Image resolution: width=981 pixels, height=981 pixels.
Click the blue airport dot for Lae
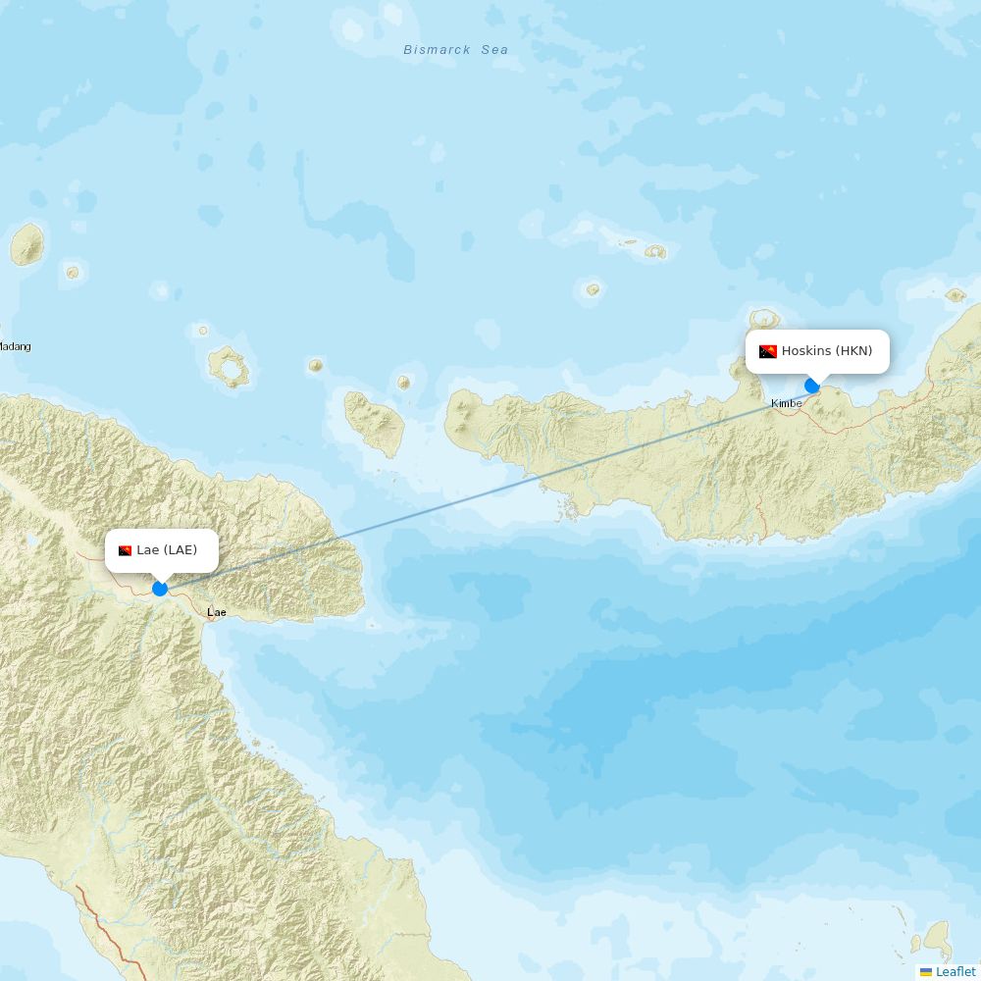click(160, 589)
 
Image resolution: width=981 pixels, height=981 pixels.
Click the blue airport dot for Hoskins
click(812, 386)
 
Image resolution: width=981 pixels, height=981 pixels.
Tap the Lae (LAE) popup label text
click(167, 550)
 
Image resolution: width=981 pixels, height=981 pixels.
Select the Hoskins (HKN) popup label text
click(826, 351)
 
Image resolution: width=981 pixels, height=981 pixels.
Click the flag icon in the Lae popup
click(126, 550)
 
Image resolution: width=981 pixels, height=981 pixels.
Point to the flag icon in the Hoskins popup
click(767, 351)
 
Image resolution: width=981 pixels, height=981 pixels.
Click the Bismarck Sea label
click(456, 50)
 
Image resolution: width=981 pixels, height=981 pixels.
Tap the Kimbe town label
click(786, 403)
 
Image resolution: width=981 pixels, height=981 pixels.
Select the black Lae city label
click(216, 612)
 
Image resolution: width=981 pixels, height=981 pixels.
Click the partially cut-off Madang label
click(15, 346)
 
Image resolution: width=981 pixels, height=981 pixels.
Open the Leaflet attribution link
click(955, 971)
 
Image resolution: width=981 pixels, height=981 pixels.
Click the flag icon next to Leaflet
click(926, 971)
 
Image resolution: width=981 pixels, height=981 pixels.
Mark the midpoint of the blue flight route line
click(487, 488)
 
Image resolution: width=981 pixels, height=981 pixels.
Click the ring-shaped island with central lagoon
click(230, 367)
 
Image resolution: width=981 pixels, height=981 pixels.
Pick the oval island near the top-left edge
click(27, 245)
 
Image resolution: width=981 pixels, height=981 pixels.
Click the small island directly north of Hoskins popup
click(764, 320)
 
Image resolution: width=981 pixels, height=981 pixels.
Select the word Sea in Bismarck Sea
click(494, 50)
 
